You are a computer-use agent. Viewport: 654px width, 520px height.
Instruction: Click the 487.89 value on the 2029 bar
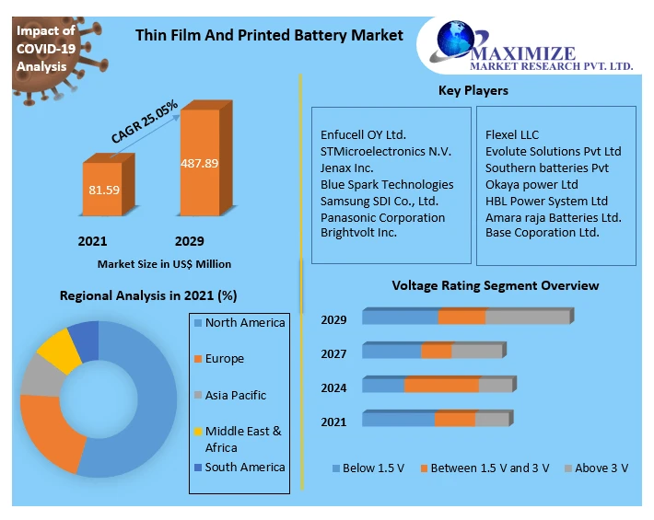(199, 164)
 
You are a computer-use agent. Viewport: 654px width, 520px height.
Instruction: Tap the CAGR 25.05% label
(144, 123)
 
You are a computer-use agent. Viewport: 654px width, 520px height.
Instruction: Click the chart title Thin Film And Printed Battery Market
(269, 35)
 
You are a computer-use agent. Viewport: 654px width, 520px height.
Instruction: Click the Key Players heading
(473, 90)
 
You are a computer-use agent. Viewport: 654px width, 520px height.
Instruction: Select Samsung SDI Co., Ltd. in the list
(380, 202)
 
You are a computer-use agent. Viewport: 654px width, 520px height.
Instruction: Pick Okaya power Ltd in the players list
(531, 185)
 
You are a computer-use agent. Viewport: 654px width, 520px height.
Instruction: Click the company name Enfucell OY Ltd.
(363, 135)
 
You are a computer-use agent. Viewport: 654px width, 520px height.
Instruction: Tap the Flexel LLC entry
(512, 135)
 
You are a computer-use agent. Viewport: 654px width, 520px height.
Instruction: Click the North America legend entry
(245, 323)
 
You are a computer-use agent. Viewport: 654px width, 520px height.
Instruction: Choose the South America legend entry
(245, 468)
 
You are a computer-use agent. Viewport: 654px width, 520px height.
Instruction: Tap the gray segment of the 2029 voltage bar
(527, 318)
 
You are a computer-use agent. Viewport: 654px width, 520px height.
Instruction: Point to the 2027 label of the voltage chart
(333, 354)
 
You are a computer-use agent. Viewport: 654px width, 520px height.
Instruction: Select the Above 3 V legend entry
(601, 468)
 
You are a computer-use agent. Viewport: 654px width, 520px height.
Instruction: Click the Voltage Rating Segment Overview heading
(496, 286)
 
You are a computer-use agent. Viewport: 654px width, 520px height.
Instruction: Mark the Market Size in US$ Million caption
(164, 264)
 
